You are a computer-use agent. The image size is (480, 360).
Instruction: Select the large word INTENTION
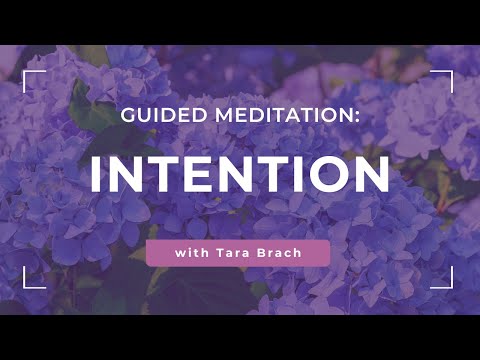[239, 175]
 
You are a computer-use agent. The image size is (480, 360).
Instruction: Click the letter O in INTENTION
[328, 175]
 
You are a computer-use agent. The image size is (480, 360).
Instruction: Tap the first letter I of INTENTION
[97, 175]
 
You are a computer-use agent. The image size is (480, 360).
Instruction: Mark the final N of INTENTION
[371, 175]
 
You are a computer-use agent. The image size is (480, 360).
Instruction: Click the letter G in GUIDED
[127, 116]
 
